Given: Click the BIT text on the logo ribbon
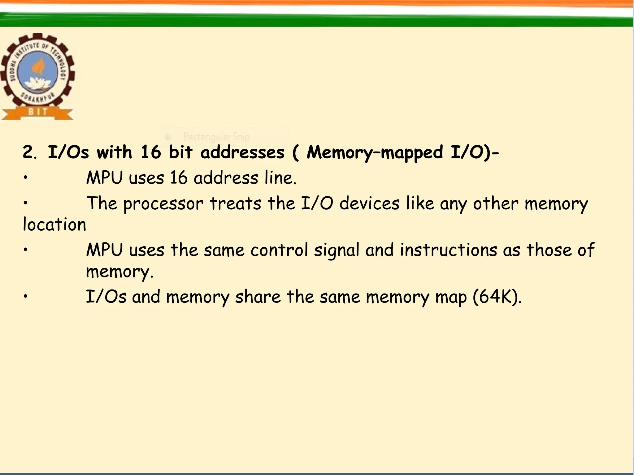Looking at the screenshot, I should pos(38,112).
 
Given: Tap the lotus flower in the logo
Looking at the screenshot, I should pos(37,83).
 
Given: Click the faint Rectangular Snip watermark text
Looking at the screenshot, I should pos(216,137).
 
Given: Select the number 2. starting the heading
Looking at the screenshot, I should pos(30,152).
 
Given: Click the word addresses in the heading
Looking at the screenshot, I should pos(242,152).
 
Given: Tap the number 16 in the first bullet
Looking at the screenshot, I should pos(179,178).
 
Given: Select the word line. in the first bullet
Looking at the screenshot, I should pos(280,178).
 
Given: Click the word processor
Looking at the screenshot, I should pos(163,204).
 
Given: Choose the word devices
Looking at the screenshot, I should pos(369,203).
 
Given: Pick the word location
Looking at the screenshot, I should pos(54,225).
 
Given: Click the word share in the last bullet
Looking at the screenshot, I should pos(258,297).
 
